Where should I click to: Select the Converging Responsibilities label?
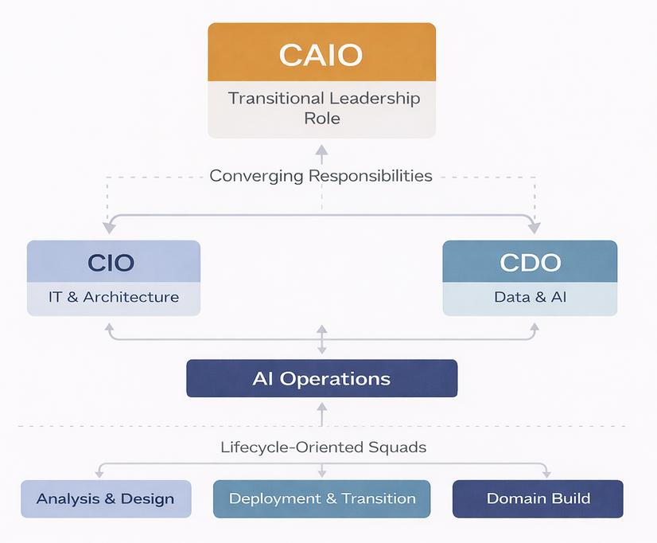click(x=321, y=175)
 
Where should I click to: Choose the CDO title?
click(x=530, y=262)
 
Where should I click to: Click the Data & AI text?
click(x=530, y=297)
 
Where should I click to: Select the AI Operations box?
click(x=321, y=378)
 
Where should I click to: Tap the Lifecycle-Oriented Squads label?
click(x=323, y=447)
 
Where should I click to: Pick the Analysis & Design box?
click(x=106, y=499)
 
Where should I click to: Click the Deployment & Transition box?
click(x=322, y=499)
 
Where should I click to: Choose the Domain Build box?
click(x=538, y=499)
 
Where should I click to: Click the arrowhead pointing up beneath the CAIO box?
click(x=321, y=149)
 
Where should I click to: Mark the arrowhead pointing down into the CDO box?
click(x=535, y=229)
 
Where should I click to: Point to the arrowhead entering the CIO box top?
click(x=108, y=229)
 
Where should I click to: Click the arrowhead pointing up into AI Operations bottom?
click(x=321, y=407)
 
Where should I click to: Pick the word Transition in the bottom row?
click(x=378, y=499)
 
